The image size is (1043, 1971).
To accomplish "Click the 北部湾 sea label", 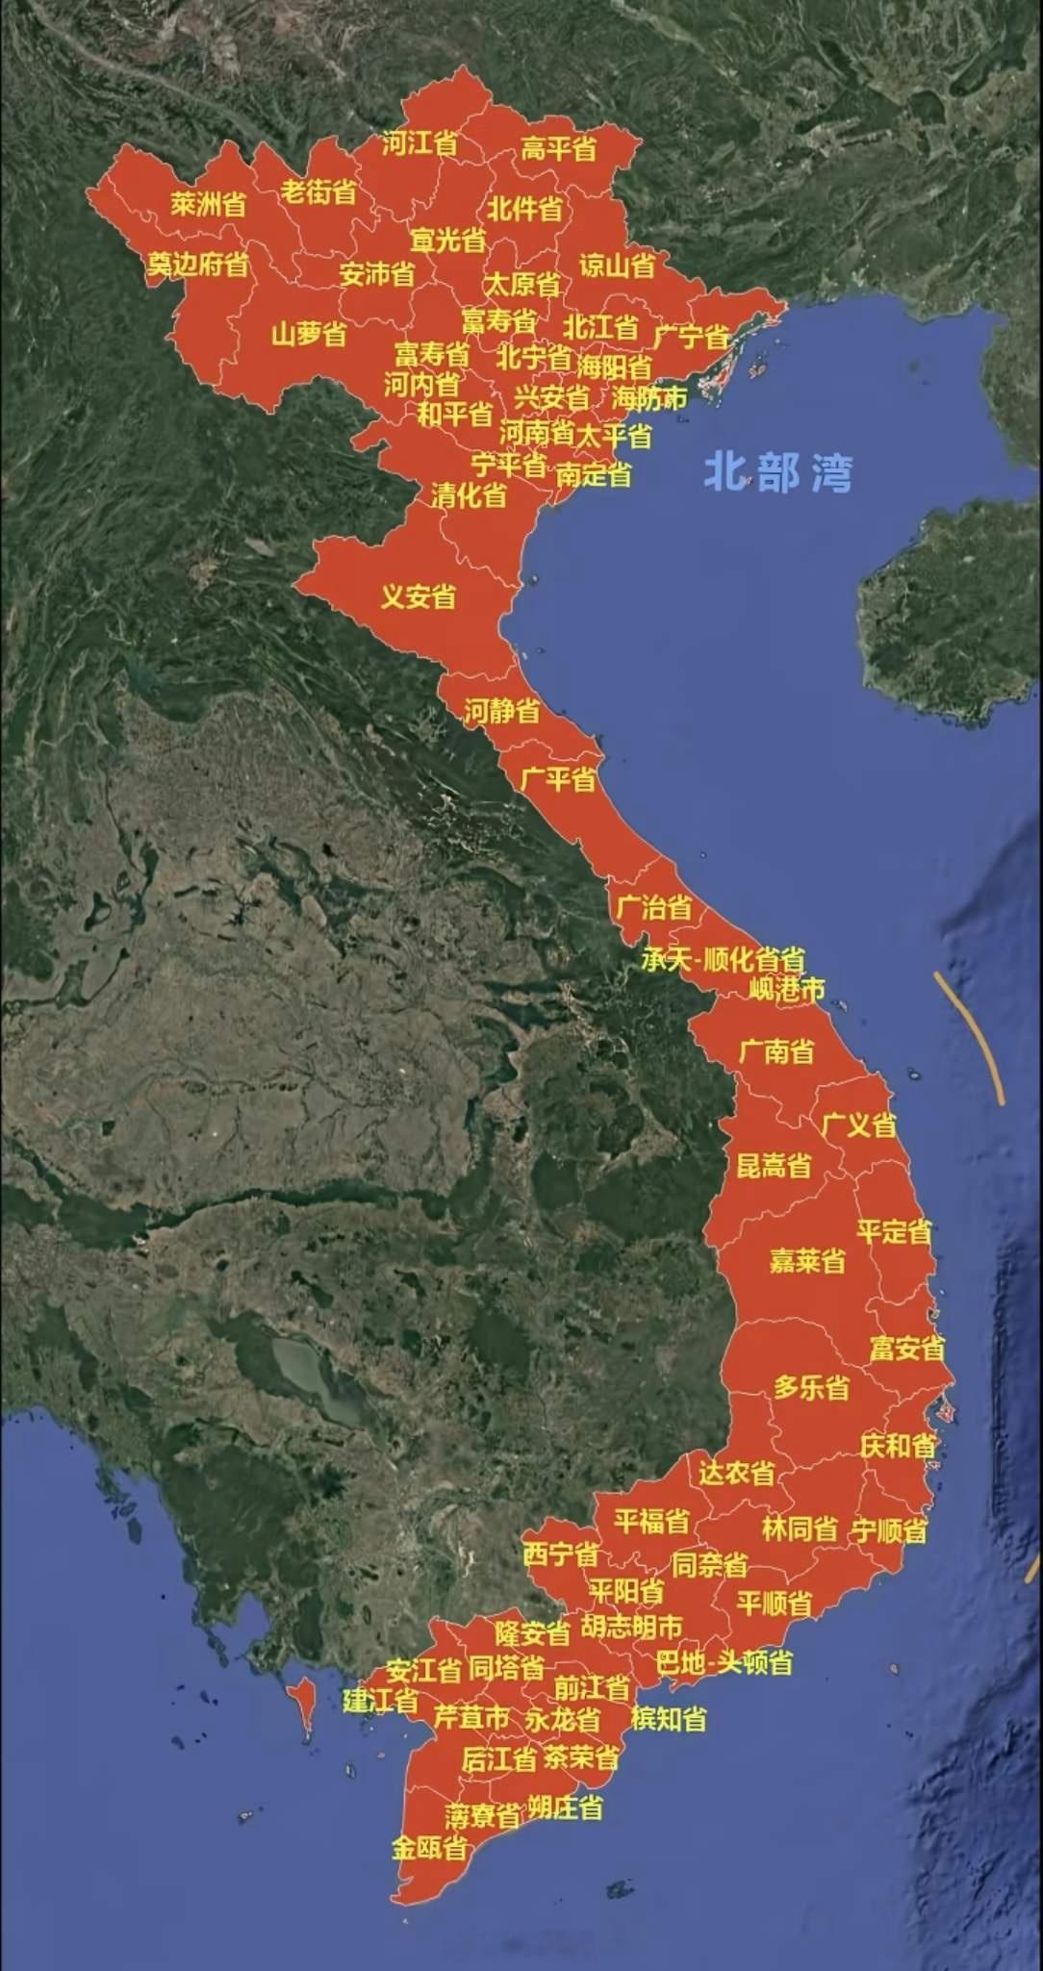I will click(x=777, y=472).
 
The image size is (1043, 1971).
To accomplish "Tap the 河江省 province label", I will click(x=420, y=144).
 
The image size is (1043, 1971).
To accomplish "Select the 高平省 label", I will click(x=559, y=149).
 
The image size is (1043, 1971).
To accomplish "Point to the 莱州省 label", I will click(x=209, y=204).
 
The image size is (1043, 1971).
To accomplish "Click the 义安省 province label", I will click(x=418, y=596).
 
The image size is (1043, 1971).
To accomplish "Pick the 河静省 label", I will click(x=501, y=712).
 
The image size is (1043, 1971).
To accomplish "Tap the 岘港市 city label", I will click(x=786, y=988).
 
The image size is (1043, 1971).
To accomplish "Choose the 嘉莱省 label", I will click(x=807, y=1260).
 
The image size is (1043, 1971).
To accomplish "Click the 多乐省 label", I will click(x=811, y=1387).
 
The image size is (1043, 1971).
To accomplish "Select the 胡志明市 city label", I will click(x=631, y=1626).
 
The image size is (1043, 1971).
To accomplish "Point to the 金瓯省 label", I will click(x=429, y=1848).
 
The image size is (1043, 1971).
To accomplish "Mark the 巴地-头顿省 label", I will click(x=725, y=1662).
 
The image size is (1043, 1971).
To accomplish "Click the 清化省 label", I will click(x=469, y=495).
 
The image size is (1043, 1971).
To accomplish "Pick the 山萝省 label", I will click(x=308, y=335).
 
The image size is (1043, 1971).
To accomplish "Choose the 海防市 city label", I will click(x=649, y=397).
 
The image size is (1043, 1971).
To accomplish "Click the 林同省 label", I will click(x=800, y=1529).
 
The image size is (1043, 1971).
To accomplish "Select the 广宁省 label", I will click(x=691, y=337).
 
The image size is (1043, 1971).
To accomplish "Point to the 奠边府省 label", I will click(x=197, y=264).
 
